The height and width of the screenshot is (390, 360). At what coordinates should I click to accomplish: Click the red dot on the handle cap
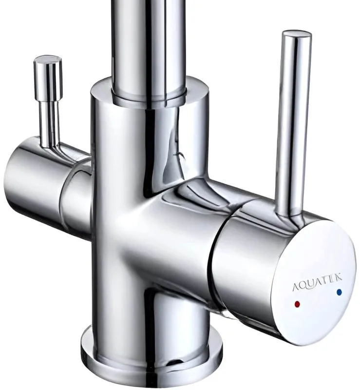click(297, 304)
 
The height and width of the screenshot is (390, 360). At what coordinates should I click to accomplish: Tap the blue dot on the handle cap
click(339, 292)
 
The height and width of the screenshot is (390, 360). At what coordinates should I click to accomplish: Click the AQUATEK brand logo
click(317, 282)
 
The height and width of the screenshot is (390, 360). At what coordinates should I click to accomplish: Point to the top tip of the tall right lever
click(297, 31)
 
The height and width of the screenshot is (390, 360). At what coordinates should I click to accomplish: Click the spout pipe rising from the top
click(149, 45)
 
